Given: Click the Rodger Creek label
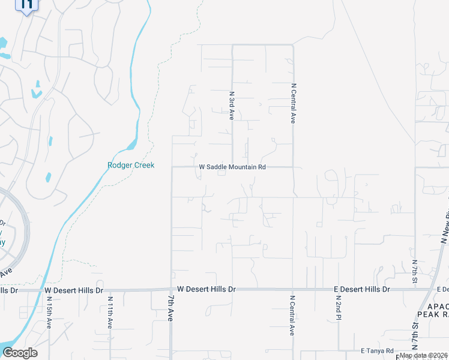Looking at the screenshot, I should [x=131, y=165].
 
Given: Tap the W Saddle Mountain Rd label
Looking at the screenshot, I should [x=232, y=167].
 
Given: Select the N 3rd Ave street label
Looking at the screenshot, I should [x=232, y=106].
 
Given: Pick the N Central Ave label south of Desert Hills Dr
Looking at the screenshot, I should [x=292, y=315].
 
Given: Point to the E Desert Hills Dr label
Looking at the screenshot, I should [x=362, y=289].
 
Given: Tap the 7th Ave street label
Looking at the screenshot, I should [x=170, y=308].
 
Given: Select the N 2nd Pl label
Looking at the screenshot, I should [x=339, y=307].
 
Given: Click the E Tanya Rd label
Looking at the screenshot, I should [x=377, y=350].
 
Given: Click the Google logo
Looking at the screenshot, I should [x=20, y=353].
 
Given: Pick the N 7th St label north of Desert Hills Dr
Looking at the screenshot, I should [x=415, y=272].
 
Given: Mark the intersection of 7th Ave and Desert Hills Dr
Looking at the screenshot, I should [x=172, y=289].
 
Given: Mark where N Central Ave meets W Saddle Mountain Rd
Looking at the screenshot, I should [x=293, y=167].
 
